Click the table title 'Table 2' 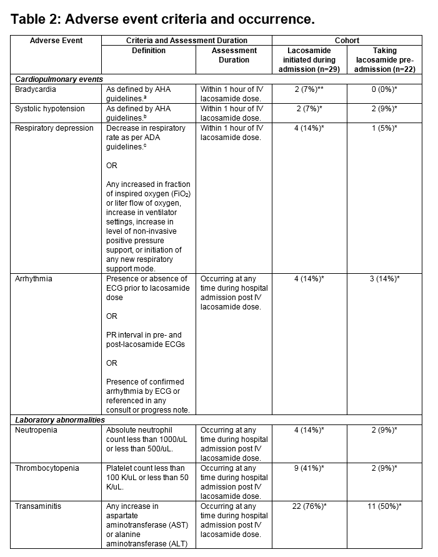coord(162,19)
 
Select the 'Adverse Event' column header coord(56,41)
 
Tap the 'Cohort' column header coord(347,41)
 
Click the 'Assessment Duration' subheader coord(234,55)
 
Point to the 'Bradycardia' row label coord(36,89)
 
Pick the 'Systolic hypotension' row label coord(50,109)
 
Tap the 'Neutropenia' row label coord(36,430)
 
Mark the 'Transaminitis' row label coord(39,506)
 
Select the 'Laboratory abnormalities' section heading coord(60,420)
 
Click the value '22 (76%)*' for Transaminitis coord(308,506)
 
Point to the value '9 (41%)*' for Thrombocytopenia coord(308,468)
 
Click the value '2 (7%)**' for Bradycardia coord(308,89)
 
